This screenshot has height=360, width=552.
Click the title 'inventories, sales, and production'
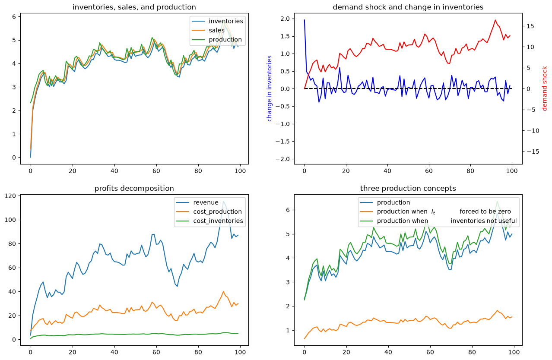134,7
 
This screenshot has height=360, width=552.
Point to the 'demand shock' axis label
544,88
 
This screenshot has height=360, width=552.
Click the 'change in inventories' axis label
269,88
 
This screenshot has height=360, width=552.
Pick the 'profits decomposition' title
134,188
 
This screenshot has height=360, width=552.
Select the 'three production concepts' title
408,188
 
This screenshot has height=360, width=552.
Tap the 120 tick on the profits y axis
10,196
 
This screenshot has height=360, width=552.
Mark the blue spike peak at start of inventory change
305,20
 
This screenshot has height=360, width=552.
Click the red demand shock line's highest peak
495,20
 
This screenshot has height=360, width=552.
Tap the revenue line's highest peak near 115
223,201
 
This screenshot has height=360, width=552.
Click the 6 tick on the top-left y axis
14,16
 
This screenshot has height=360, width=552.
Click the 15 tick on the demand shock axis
530,26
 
